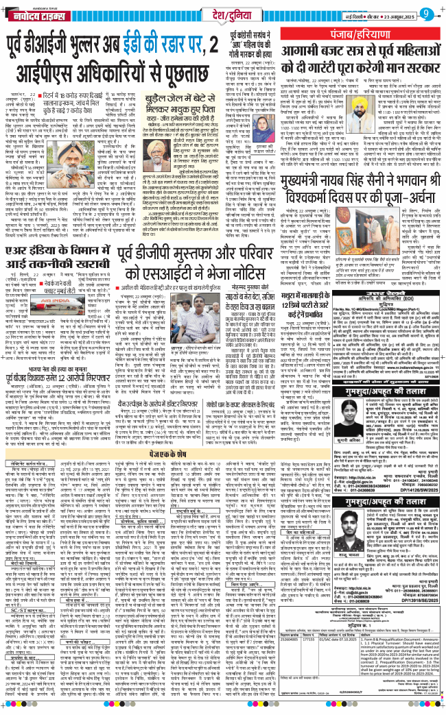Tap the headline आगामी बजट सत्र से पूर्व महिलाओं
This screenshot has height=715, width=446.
pos(361,61)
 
